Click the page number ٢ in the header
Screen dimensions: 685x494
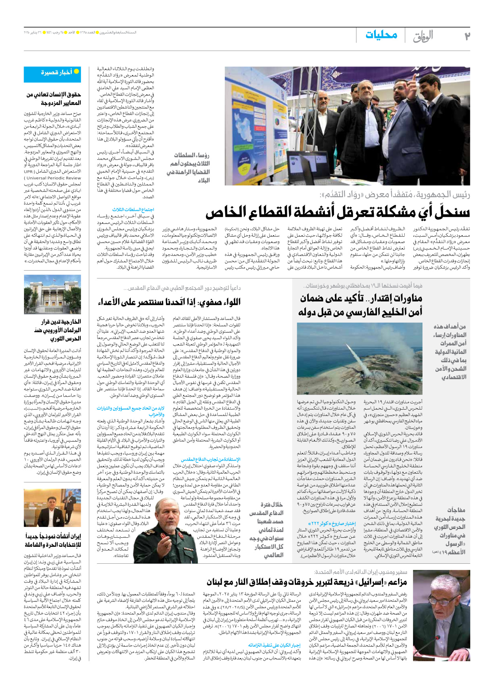click(x=467, y=36)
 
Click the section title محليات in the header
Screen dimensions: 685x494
click(x=381, y=35)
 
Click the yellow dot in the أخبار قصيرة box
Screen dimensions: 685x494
click(x=76, y=72)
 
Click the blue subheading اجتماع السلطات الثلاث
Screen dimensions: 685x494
click(x=133, y=210)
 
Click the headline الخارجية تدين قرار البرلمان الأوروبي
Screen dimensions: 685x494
click(x=58, y=330)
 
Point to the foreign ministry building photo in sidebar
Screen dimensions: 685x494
click(x=53, y=294)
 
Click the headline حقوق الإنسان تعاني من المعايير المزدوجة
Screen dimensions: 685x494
click(x=54, y=99)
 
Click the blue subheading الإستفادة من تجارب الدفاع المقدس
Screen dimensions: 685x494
click(x=211, y=459)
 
